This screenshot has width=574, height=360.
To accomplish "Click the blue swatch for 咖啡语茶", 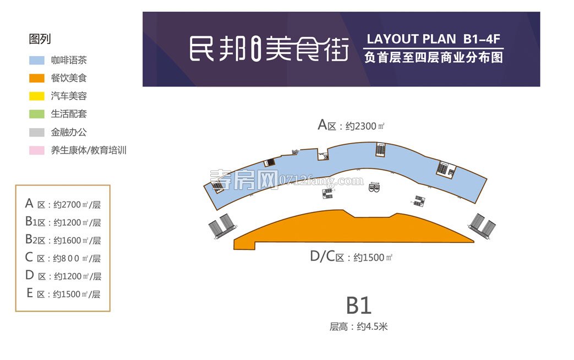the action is point(37,60).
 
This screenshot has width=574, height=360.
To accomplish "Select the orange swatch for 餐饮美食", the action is point(37,78).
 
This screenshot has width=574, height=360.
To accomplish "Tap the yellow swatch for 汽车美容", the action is point(37,96).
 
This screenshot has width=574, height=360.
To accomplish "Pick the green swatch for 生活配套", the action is point(37,114).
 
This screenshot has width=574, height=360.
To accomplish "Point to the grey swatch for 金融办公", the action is point(37,132).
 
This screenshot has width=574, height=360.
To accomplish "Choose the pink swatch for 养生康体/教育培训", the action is point(37,150).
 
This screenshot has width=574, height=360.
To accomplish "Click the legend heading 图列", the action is point(40,39).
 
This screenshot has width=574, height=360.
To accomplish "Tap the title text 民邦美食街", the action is point(269,50).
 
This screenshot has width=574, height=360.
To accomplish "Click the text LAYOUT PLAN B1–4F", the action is point(433,39).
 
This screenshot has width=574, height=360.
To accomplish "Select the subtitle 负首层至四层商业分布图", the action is point(434,57).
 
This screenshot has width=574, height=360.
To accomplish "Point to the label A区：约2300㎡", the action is point(351,126).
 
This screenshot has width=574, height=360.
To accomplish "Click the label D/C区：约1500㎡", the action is point(351,257).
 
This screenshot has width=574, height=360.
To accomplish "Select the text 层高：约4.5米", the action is point(359,326).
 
